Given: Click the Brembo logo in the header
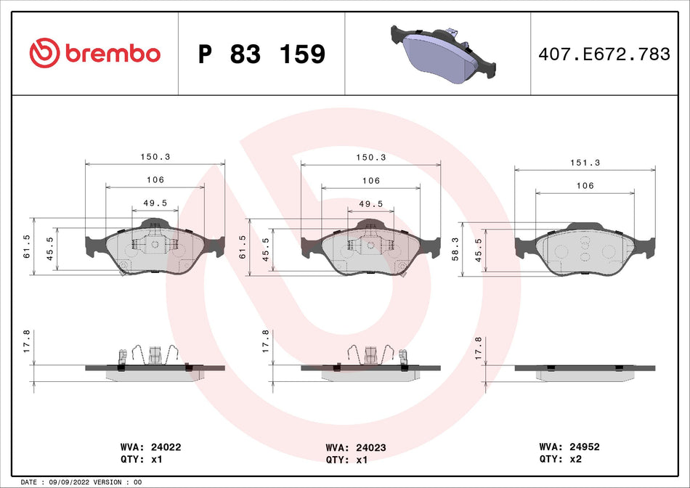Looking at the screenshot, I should click(x=94, y=53).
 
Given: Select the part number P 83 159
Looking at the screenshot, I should click(x=261, y=54).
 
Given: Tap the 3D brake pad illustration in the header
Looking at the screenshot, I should click(x=443, y=52).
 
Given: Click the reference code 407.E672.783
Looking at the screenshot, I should click(x=603, y=54).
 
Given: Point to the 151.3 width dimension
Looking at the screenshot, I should click(x=585, y=163).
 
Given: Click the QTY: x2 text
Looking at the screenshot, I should click(x=560, y=460).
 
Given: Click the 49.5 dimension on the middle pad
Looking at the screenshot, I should click(x=370, y=205).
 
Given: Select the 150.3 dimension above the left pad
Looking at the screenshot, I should click(x=155, y=157).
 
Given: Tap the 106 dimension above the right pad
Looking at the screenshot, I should click(x=585, y=186).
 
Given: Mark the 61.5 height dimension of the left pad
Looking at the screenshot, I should click(x=27, y=247).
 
